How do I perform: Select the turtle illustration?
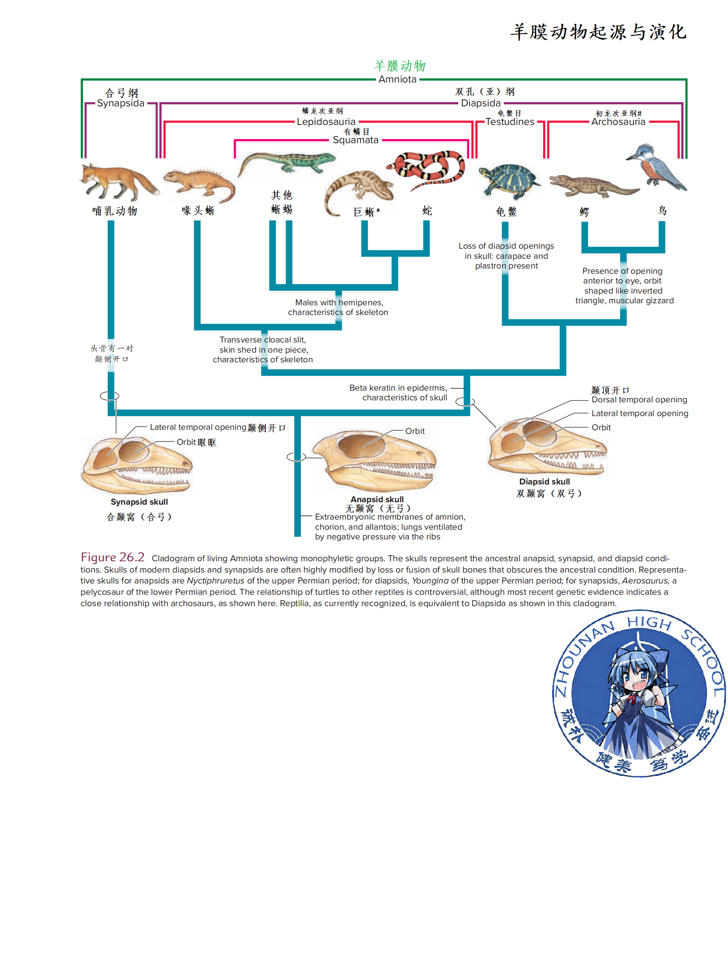tap(508, 180)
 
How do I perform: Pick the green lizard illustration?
tap(287, 163)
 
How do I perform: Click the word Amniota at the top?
tap(397, 79)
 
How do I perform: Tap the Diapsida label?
tap(480, 103)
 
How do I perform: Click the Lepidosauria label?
tap(326, 122)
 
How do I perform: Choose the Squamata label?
tap(355, 140)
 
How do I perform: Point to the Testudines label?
tap(510, 122)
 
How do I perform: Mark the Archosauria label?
tap(618, 122)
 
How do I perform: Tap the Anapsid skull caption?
tap(377, 499)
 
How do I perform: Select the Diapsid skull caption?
tap(544, 482)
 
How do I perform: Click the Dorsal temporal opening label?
tap(639, 400)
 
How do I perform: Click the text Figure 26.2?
tap(112, 557)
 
